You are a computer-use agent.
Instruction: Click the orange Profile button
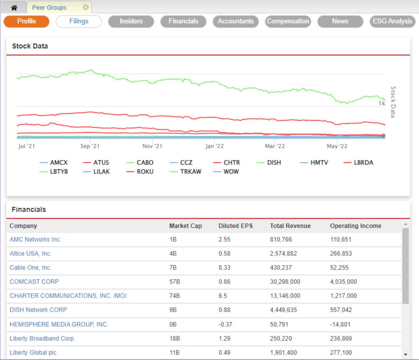(27, 21)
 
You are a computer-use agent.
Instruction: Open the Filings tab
(79, 21)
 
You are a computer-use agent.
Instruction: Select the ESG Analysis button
(392, 21)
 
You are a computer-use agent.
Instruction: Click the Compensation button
(288, 21)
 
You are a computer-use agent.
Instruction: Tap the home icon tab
(14, 7)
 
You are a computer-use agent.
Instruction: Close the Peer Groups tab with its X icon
(86, 7)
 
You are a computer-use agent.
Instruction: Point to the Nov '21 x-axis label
(153, 146)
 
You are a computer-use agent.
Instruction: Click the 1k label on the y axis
(381, 104)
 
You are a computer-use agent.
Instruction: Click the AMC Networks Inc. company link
(35, 240)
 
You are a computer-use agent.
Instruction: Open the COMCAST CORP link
(34, 282)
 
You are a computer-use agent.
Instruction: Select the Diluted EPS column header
(235, 226)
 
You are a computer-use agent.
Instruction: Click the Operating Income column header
(356, 226)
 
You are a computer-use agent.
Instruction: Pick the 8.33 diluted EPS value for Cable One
(224, 268)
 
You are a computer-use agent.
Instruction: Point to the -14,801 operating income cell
(340, 324)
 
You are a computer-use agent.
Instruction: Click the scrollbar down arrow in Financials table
(405, 354)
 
